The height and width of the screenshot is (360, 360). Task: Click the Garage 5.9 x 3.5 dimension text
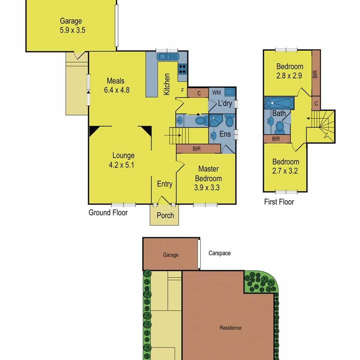click(x=73, y=30)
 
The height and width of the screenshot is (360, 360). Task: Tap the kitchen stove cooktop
click(x=183, y=69)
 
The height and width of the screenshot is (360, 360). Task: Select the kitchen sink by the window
click(x=168, y=56)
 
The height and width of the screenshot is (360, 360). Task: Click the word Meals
click(x=116, y=81)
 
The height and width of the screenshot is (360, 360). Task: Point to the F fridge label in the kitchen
click(x=183, y=90)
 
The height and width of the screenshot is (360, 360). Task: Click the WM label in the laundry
click(x=216, y=93)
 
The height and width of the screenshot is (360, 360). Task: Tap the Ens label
click(x=225, y=134)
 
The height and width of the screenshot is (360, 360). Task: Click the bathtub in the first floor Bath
click(x=279, y=103)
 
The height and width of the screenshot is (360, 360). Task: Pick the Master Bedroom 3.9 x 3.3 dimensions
click(x=207, y=188)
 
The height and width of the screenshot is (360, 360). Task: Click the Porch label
click(x=165, y=215)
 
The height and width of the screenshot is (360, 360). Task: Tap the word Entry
click(x=165, y=184)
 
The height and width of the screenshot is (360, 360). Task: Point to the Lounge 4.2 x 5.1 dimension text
click(x=121, y=165)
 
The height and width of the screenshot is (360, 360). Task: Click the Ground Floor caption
click(x=108, y=213)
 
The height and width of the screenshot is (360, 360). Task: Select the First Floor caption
click(x=279, y=202)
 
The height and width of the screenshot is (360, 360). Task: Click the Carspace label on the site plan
click(x=219, y=253)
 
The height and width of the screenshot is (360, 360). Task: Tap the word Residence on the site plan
click(x=231, y=328)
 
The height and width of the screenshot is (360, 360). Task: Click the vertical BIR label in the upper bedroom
click(x=315, y=74)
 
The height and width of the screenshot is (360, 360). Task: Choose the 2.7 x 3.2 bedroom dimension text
click(x=285, y=171)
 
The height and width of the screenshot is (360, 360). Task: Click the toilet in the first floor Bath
click(x=279, y=128)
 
